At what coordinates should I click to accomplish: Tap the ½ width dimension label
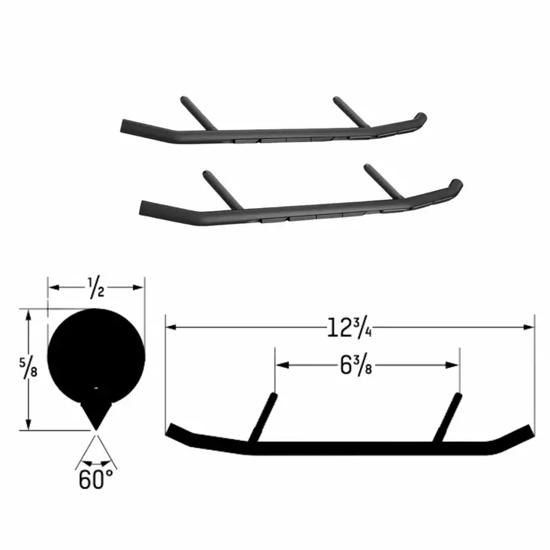95,286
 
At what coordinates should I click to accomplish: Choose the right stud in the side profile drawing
449,418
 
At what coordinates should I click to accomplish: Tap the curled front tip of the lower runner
456,183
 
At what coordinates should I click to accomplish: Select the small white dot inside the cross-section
95,388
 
